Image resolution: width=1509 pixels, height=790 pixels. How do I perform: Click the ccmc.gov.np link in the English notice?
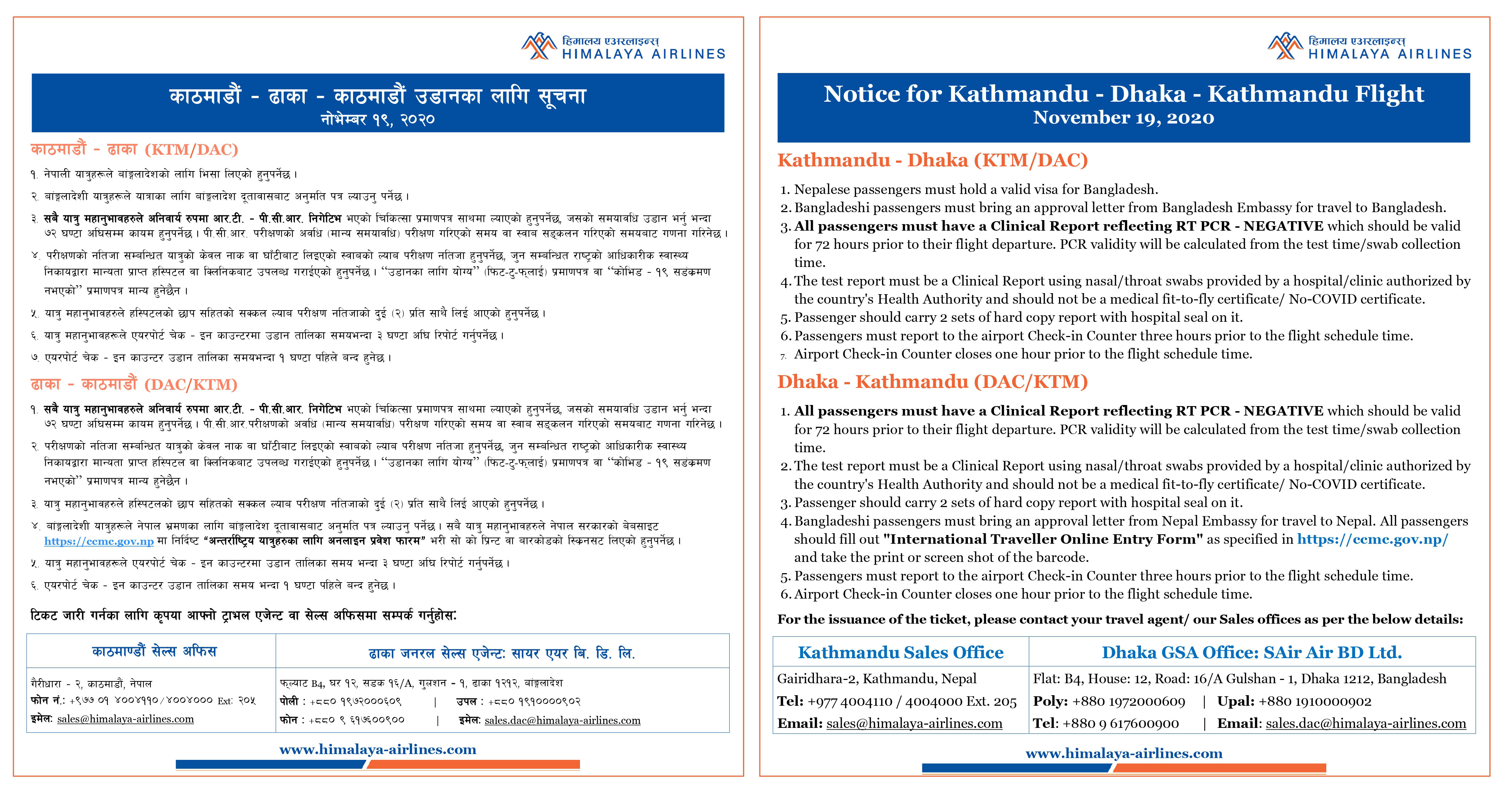tap(1372, 539)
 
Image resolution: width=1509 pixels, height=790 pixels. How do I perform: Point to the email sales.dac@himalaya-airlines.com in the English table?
tap(1366, 724)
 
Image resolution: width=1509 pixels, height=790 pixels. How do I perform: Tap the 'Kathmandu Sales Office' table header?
tap(900, 652)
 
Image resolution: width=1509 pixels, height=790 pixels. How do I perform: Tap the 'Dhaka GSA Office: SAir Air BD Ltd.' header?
tap(1252, 652)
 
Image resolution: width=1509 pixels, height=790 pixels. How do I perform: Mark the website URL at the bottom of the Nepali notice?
tap(377, 750)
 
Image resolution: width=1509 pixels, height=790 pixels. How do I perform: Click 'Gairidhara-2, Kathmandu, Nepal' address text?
tap(876, 678)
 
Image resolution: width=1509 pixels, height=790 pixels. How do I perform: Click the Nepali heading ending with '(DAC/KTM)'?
tap(134, 384)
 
